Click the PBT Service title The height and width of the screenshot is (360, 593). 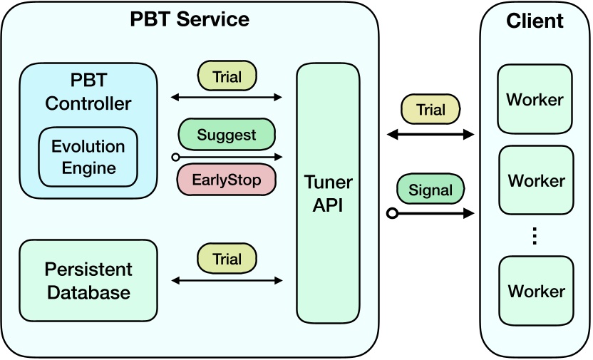190,19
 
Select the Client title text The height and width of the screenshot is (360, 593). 535,21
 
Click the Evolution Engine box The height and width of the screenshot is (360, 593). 88,158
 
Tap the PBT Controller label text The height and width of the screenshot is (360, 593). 88,90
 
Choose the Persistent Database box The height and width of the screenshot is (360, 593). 88,280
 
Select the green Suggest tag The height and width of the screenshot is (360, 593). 227,135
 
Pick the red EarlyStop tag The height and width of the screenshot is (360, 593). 227,179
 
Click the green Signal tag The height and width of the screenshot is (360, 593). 430,190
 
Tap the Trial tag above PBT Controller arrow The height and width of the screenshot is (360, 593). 227,77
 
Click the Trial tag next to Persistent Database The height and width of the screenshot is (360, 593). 227,259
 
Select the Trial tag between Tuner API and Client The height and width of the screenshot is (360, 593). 430,110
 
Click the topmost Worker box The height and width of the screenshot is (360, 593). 535,99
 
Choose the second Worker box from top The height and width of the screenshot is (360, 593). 536,180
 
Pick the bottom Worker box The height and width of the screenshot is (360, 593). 536,291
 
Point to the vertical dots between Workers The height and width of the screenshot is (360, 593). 535,236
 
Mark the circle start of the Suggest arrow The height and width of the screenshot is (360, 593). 175,157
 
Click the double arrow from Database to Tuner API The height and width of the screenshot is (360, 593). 227,280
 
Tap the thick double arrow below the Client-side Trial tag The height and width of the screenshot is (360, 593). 430,133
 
